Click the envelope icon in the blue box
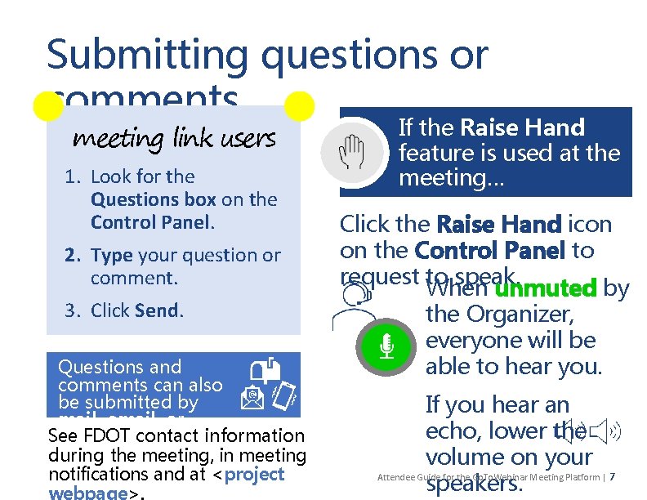point(252,397)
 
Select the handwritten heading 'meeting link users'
point(174,139)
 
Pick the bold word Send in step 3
point(158,310)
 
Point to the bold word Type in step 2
point(112,255)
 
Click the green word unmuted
point(547,288)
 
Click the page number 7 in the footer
point(613,477)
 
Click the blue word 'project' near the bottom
point(254,475)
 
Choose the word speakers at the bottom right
point(474,484)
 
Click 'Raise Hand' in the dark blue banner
point(523,127)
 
